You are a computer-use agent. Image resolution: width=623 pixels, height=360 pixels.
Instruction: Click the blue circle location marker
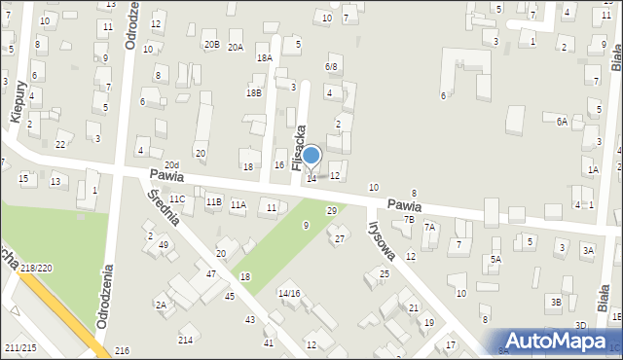[x=311, y=155]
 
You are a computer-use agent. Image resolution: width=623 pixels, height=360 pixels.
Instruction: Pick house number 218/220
[x=36, y=267]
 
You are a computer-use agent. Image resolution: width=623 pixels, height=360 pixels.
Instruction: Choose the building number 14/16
[x=289, y=293]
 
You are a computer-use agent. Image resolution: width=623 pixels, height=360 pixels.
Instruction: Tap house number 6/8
[x=331, y=66]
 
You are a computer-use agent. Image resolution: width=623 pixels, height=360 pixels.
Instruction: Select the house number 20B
[x=211, y=44]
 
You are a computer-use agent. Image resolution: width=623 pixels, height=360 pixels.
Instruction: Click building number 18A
[x=264, y=58]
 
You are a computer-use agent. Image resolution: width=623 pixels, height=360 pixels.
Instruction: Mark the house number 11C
[x=177, y=199]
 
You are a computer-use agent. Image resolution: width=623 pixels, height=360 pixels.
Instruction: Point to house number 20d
[x=171, y=165]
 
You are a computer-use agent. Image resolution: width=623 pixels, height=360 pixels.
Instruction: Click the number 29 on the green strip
[x=331, y=210]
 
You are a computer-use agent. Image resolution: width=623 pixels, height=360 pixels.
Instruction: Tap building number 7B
[x=410, y=220]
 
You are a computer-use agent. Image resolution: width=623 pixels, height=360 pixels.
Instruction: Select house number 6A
[x=562, y=122]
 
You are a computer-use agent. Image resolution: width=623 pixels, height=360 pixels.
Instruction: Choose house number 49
[x=164, y=245]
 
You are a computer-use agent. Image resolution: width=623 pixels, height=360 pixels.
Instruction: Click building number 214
[x=185, y=340]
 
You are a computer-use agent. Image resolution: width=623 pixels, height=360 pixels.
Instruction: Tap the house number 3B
[x=555, y=302]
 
